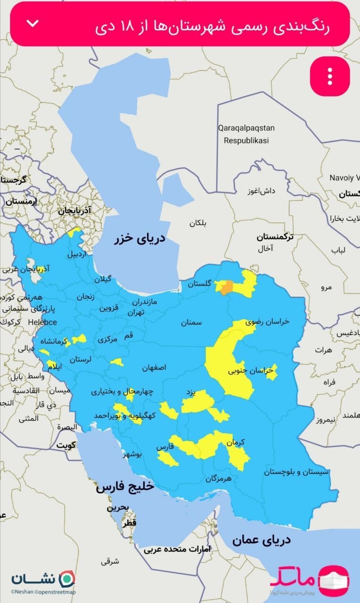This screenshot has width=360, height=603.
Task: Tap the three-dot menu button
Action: pyautogui.click(x=330, y=76)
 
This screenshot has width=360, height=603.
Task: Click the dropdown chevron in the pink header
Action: pyautogui.click(x=33, y=24)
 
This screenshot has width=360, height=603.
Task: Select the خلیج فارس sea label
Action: pyautogui.click(x=125, y=487)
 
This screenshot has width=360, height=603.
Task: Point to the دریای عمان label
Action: pyautogui.click(x=261, y=540)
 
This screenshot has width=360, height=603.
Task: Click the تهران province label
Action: pyautogui.click(x=138, y=312)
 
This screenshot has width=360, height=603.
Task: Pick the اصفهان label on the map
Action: pyautogui.click(x=154, y=368)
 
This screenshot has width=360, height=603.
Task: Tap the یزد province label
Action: pyautogui.click(x=190, y=392)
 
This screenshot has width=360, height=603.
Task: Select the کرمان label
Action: pyautogui.click(x=236, y=443)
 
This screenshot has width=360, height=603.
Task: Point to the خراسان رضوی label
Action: pyautogui.click(x=267, y=321)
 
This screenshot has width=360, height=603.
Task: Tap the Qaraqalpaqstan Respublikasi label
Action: pyautogui.click(x=246, y=134)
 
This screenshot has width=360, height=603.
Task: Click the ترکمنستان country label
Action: pyautogui.click(x=275, y=236)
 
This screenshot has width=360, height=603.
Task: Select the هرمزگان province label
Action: pyautogui.click(x=219, y=479)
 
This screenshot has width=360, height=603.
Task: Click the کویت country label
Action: pyautogui.click(x=67, y=445)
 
